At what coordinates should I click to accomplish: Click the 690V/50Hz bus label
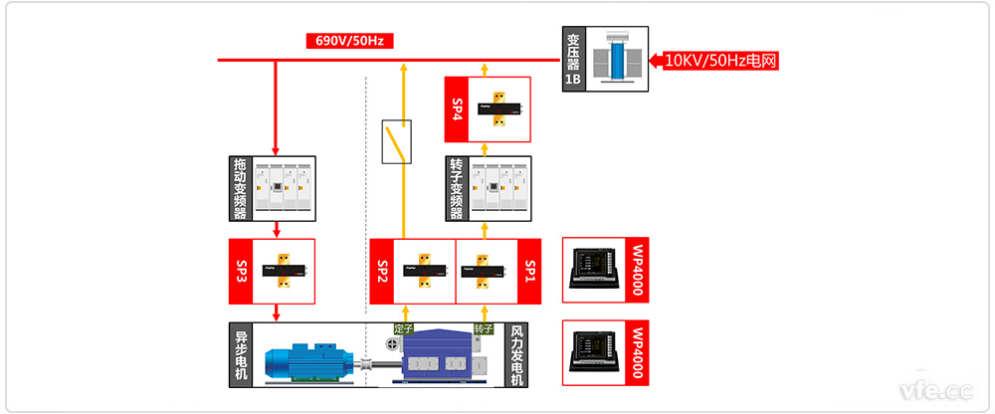[x=348, y=41]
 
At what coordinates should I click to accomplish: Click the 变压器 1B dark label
[x=573, y=60]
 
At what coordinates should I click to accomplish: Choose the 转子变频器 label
[x=457, y=188]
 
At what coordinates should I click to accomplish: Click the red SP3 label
[x=240, y=270]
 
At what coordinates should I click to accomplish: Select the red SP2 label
[x=380, y=271]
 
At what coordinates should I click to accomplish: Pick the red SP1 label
[x=529, y=271]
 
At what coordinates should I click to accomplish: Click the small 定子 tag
[x=403, y=328]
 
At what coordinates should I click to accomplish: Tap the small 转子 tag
[x=484, y=328]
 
